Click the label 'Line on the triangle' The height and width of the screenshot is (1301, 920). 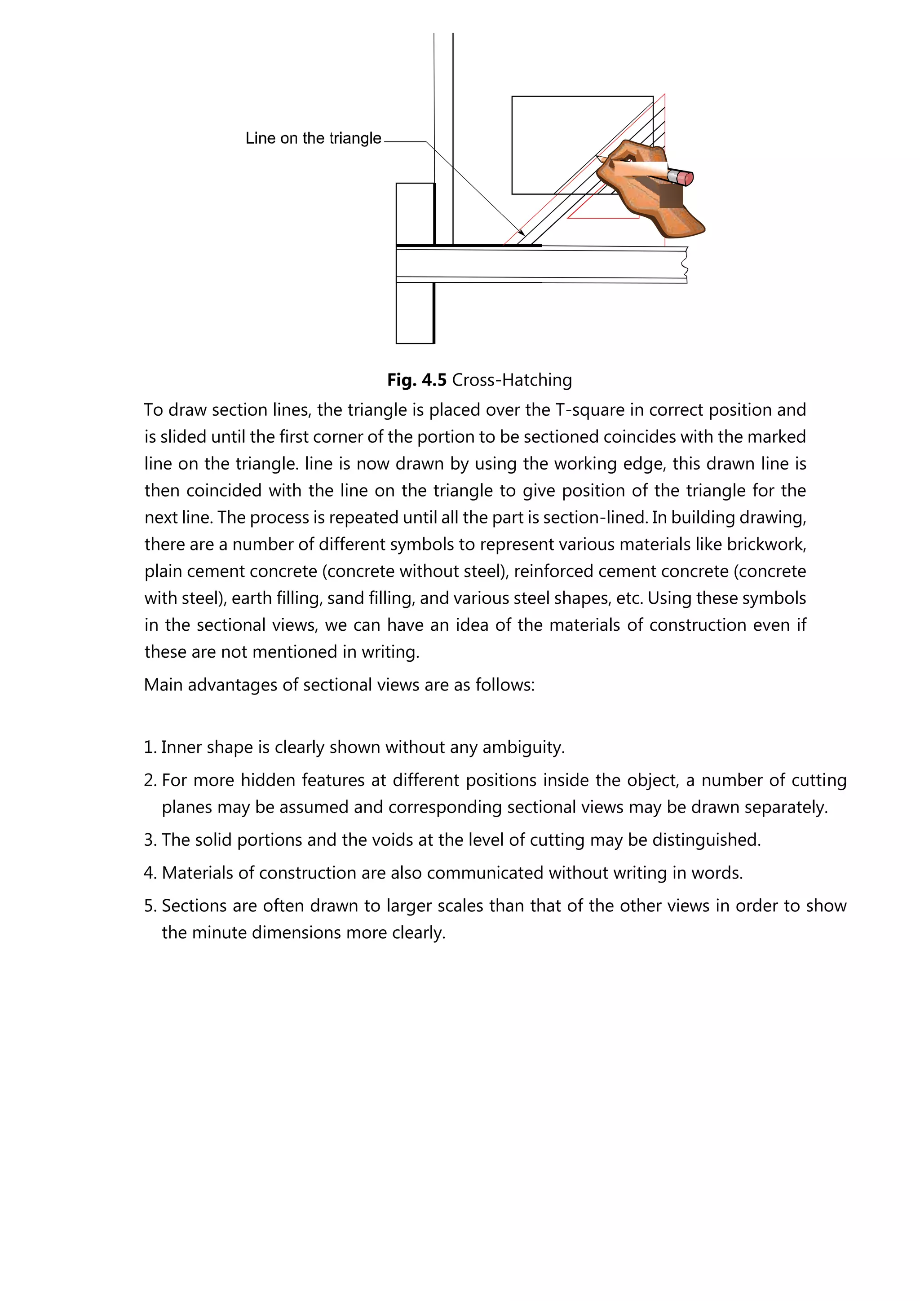tap(313, 138)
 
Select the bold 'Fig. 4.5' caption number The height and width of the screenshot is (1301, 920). tap(416, 380)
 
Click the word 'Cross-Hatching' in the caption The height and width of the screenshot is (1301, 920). tap(512, 380)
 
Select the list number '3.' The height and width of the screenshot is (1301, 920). tap(150, 840)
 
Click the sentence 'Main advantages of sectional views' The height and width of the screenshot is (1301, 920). tap(339, 685)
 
